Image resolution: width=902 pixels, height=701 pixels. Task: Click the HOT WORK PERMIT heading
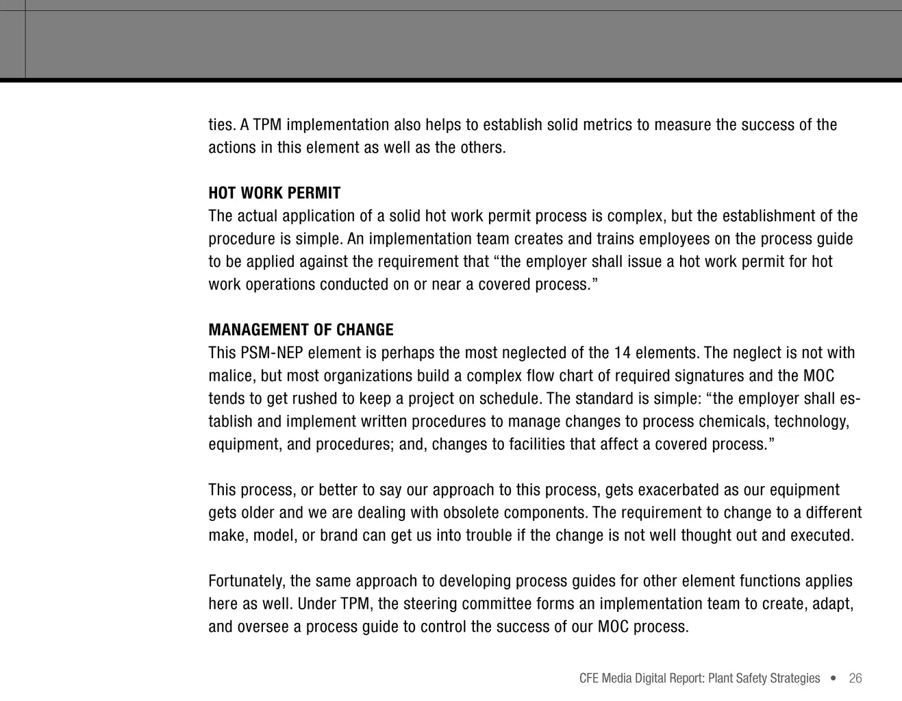[274, 193]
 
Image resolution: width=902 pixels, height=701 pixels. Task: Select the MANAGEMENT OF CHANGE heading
[301, 330]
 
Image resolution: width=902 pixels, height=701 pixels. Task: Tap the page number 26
[855, 678]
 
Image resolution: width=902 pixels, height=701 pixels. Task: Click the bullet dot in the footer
[833, 678]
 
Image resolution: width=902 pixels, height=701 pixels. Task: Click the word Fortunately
[247, 581]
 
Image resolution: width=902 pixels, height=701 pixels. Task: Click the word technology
[812, 422]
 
